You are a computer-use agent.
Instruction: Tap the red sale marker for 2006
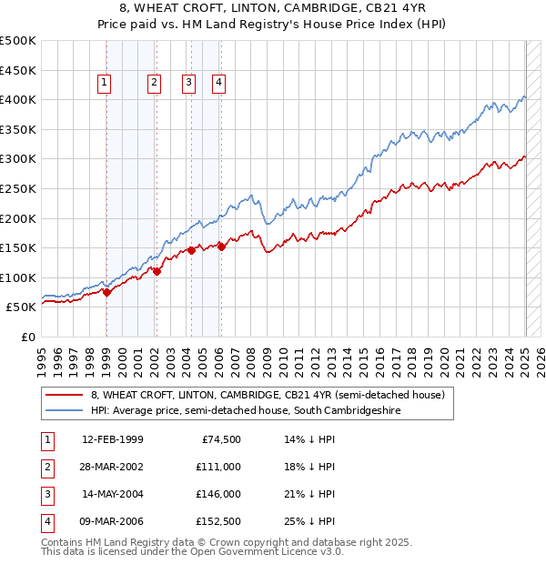(221, 246)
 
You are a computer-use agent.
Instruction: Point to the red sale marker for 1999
(106, 292)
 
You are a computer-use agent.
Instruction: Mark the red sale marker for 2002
(157, 270)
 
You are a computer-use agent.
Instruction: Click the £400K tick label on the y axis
(17, 99)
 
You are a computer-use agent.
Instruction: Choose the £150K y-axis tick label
(17, 247)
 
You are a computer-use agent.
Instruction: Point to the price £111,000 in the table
(217, 467)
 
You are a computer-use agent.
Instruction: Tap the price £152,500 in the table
(217, 521)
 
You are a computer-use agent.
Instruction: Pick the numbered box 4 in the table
(46, 521)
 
